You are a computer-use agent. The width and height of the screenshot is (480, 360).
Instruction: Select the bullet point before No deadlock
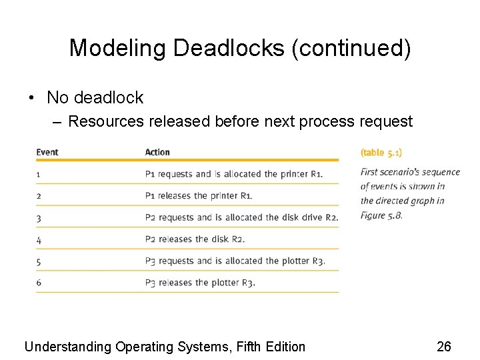point(32,98)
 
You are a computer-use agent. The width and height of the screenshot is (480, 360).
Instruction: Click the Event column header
point(47,152)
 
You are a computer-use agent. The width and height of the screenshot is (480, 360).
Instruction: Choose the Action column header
point(157,152)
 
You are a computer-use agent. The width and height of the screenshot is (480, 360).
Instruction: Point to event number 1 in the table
point(39,174)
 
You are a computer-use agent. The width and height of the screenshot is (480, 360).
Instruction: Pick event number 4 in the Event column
point(39,239)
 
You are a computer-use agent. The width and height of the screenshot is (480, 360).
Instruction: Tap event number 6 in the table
point(39,283)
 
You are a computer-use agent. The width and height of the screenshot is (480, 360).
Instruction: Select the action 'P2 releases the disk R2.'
point(195,239)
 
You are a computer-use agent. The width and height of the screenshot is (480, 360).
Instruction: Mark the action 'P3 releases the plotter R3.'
point(200,283)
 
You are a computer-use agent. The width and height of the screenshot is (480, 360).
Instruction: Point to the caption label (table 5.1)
point(381,153)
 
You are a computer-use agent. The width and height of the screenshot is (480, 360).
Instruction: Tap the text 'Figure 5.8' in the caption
point(381,215)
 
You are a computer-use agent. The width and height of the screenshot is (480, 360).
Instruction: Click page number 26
point(444,347)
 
